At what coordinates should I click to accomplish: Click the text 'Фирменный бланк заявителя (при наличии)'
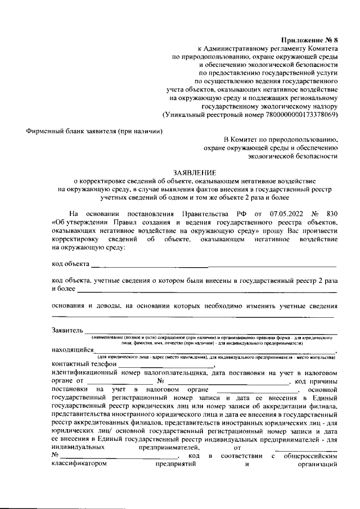[95, 131]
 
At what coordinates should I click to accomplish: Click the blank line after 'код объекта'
[214, 264]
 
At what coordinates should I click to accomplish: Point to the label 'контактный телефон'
[83, 364]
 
